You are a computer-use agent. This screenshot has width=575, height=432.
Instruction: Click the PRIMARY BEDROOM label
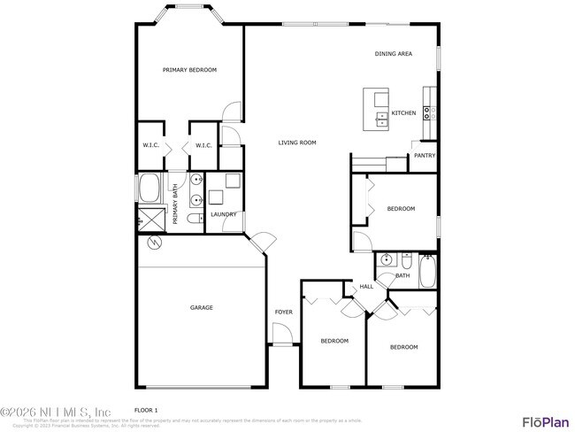pos(189,70)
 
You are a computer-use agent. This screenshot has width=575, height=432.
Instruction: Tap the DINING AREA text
pos(394,54)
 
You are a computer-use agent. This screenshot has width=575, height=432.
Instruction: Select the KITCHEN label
pos(403,113)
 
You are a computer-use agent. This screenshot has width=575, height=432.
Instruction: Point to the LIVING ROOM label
pos(297,143)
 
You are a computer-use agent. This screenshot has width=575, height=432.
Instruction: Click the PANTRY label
pos(425,157)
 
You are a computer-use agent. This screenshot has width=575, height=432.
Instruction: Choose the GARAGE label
pos(201,308)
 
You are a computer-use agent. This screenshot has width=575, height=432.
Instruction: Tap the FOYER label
pos(283,312)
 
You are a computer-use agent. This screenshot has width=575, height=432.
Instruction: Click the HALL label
pos(366,287)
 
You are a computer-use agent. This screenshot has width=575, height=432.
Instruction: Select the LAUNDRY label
pos(222,214)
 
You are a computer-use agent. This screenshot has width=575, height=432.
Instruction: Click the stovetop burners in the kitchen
pos(427,112)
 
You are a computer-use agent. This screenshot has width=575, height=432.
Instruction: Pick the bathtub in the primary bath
pos(149,189)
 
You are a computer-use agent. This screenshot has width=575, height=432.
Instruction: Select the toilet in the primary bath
pos(195,219)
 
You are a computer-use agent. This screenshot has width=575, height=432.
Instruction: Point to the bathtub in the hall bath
pos(427,271)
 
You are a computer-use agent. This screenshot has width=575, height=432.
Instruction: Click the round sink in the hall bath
pos(385,260)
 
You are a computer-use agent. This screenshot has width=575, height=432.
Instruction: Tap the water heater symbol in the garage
pos(154,242)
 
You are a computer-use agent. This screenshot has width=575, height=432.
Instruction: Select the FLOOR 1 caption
pos(145,411)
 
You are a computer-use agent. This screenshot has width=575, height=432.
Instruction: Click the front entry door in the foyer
pos(281,334)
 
